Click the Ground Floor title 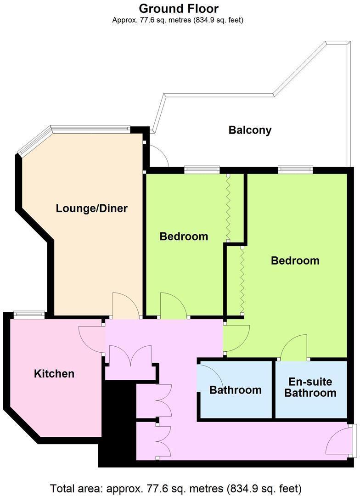click(x=179, y=8)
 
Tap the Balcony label click(x=250, y=130)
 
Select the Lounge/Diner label click(x=91, y=209)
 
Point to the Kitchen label click(x=54, y=373)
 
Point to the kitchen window click(x=29, y=314)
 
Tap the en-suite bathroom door click(x=294, y=348)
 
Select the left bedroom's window click(x=202, y=169)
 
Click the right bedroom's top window click(x=296, y=169)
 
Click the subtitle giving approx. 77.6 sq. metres click(x=178, y=20)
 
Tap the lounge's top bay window click(x=90, y=129)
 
